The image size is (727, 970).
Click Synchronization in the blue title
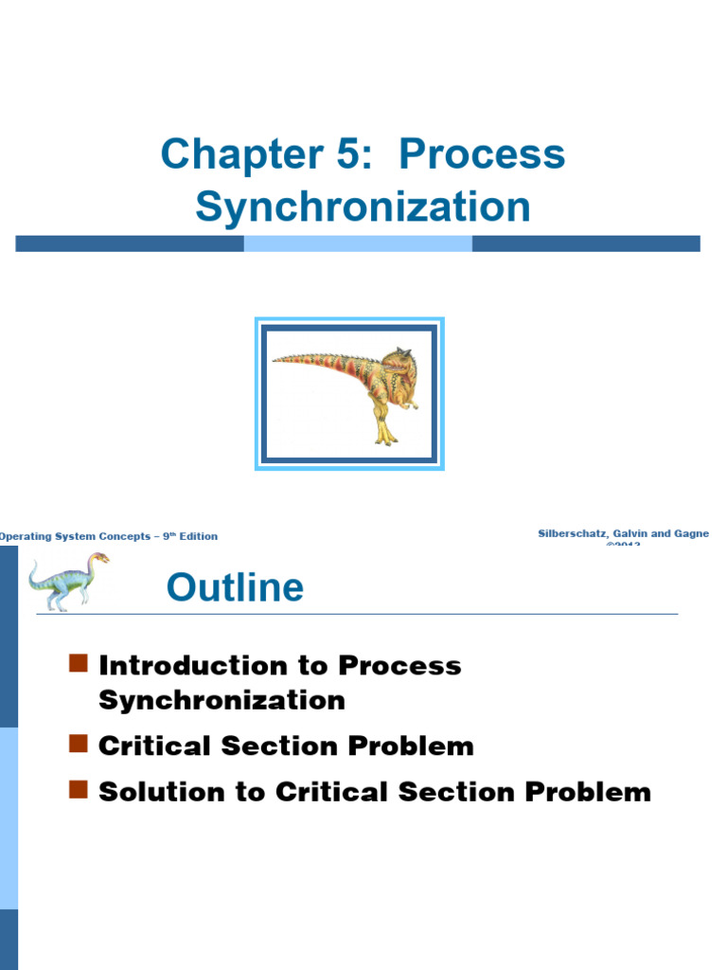pyautogui.click(x=363, y=207)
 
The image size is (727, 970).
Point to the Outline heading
pyautogui.click(x=235, y=588)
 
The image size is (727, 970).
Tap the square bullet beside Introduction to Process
pyautogui.click(x=79, y=662)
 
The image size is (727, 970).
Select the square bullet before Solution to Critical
pyautogui.click(x=79, y=789)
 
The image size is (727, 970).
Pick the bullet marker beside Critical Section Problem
pyautogui.click(x=79, y=744)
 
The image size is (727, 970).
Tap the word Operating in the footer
pyautogui.click(x=26, y=536)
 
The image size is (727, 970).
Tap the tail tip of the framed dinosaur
pyautogui.click(x=276, y=359)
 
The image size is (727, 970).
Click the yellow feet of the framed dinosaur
pyautogui.click(x=385, y=437)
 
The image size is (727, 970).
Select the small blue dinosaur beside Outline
pyautogui.click(x=67, y=579)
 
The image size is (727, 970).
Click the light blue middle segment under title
pyautogui.click(x=358, y=243)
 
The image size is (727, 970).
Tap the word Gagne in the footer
pyautogui.click(x=690, y=534)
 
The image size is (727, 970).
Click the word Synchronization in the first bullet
pyautogui.click(x=222, y=701)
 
